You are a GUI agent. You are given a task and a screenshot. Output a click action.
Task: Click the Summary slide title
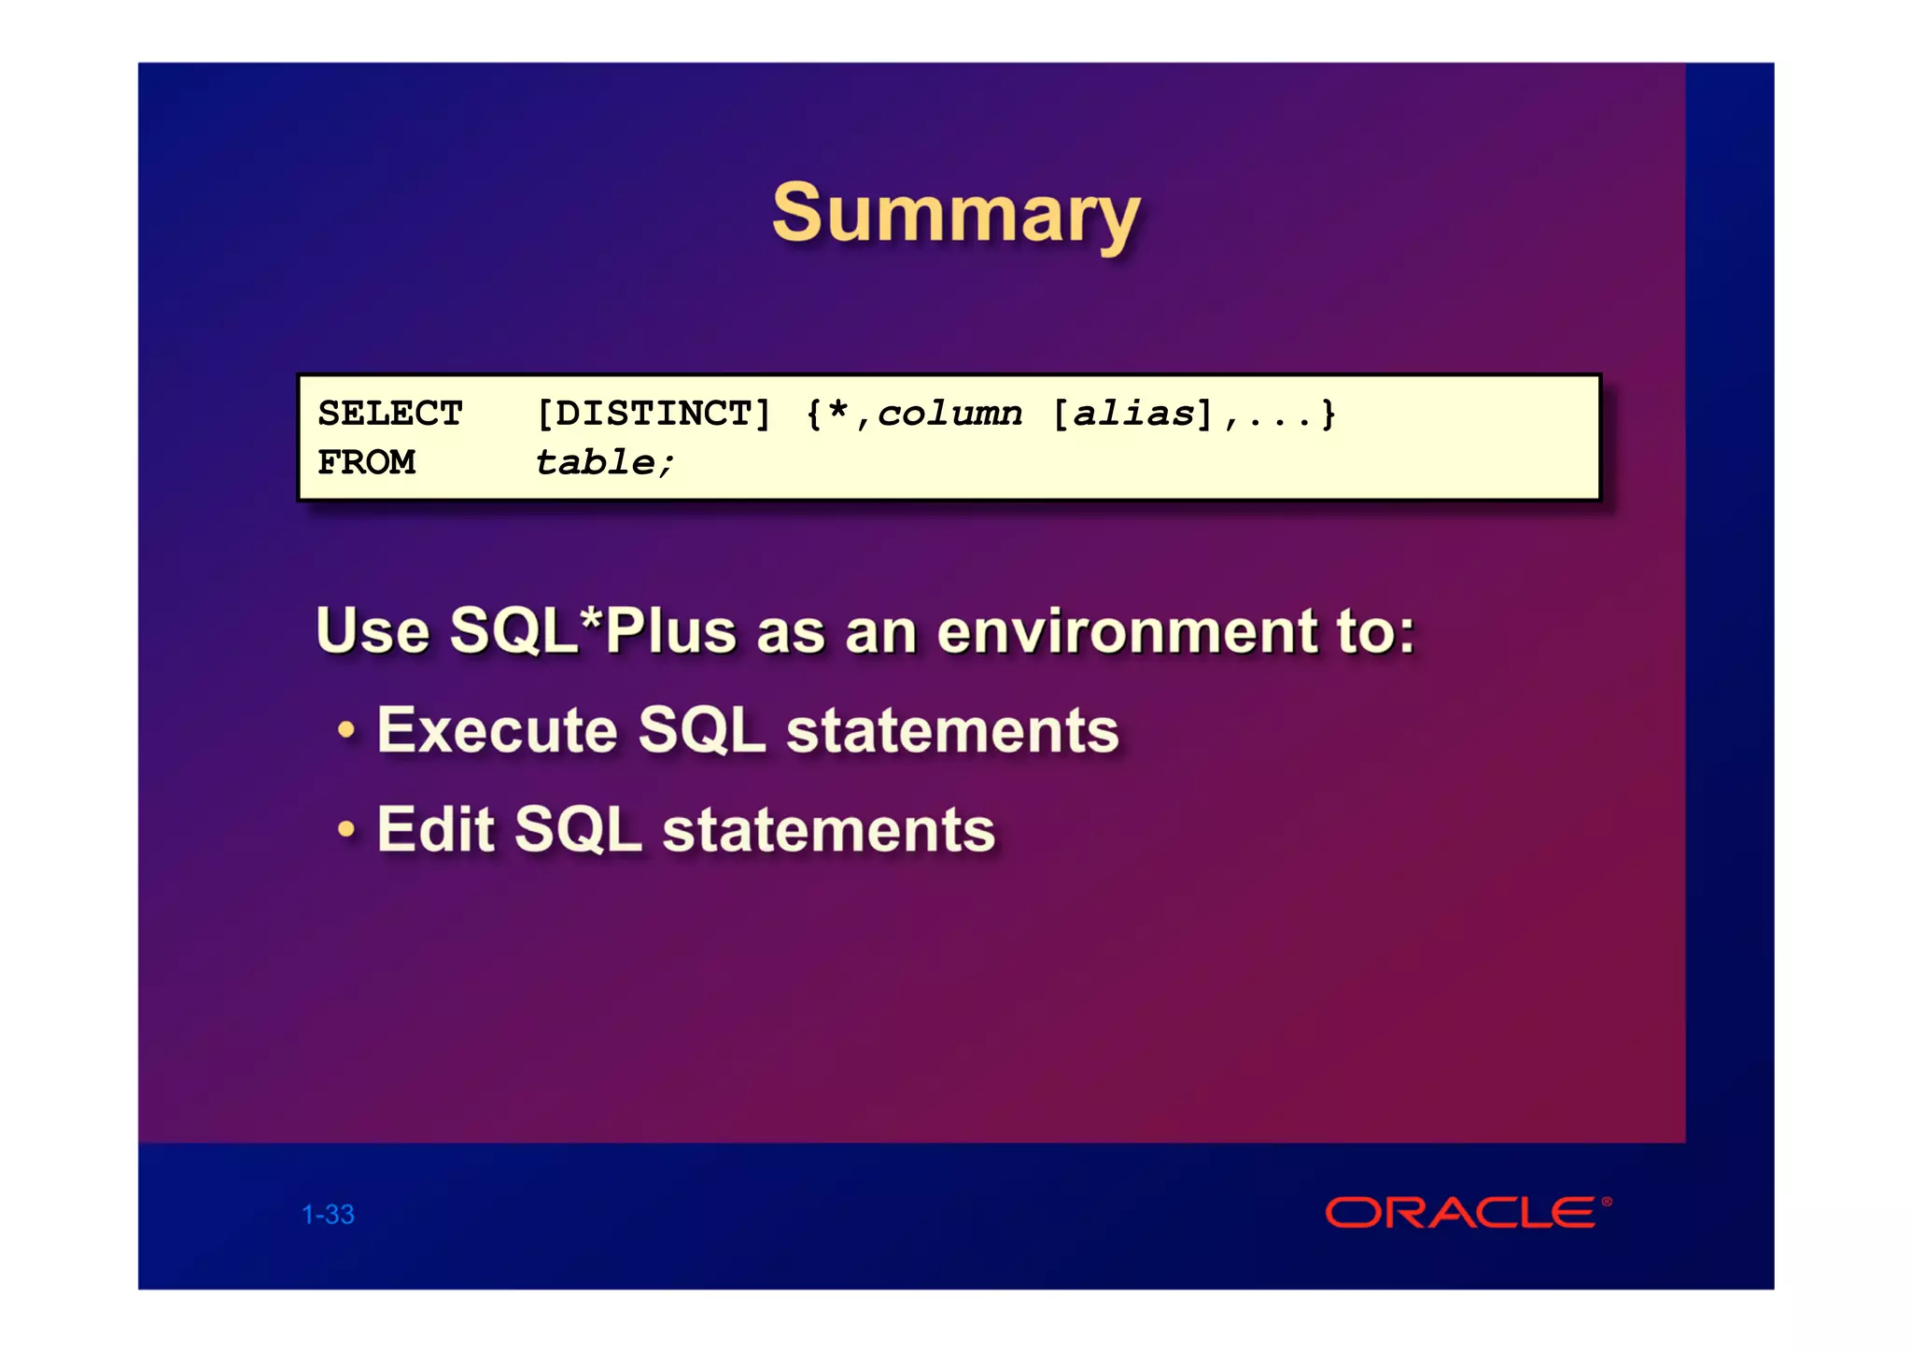(x=956, y=215)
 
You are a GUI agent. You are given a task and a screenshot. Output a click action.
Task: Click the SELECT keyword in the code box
(x=390, y=414)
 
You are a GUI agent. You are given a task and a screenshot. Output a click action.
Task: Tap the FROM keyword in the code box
(x=366, y=462)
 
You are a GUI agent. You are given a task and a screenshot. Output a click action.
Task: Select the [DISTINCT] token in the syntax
(x=654, y=414)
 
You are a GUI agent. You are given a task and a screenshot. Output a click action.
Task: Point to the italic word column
(x=949, y=414)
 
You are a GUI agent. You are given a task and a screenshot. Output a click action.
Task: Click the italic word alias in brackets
(x=1133, y=414)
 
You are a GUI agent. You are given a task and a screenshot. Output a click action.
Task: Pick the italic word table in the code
(x=596, y=462)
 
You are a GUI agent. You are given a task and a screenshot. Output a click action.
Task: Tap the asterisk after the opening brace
(x=837, y=411)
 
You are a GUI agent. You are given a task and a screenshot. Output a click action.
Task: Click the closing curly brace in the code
(x=1329, y=414)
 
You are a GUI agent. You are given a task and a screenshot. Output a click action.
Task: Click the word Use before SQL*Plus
(x=373, y=631)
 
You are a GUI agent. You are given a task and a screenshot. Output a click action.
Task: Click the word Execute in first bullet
(x=497, y=730)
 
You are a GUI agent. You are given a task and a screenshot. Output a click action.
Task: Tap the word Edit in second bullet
(x=435, y=829)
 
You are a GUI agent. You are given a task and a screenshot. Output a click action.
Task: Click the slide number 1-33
(x=328, y=1215)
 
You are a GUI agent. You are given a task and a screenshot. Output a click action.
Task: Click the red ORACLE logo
(x=1460, y=1213)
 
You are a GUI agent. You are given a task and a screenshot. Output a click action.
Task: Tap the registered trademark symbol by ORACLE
(x=1607, y=1202)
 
